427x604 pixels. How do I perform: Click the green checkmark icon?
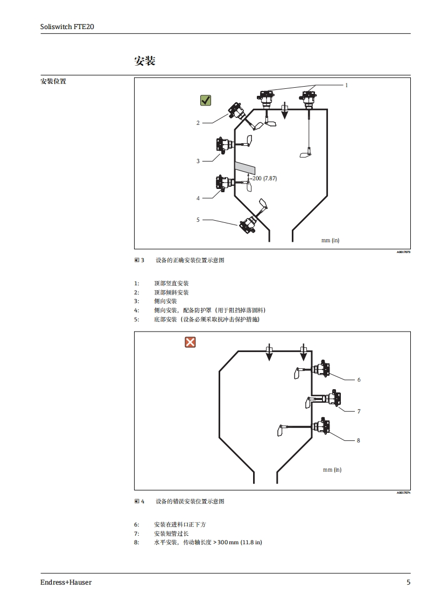pyautogui.click(x=206, y=100)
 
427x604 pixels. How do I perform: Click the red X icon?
pyautogui.click(x=190, y=342)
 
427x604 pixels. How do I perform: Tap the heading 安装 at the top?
pyautogui.click(x=144, y=61)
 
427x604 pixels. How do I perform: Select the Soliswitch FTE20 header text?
pyautogui.click(x=67, y=26)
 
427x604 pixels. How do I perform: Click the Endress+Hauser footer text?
pyautogui.click(x=66, y=582)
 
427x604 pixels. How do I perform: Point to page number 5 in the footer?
pyautogui.click(x=408, y=582)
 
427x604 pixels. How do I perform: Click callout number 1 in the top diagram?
pyautogui.click(x=346, y=85)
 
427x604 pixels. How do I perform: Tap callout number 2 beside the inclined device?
pyautogui.click(x=198, y=123)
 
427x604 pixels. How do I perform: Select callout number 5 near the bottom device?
pyautogui.click(x=198, y=220)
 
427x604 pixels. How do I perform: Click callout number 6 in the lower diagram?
pyautogui.click(x=359, y=380)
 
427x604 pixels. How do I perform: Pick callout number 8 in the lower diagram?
pyautogui.click(x=359, y=440)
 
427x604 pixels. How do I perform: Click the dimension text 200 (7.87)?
pyautogui.click(x=264, y=178)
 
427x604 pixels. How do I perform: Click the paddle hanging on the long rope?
pyautogui.click(x=306, y=153)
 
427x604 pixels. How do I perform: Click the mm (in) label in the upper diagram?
pyautogui.click(x=330, y=241)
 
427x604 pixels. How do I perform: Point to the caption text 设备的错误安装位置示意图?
pyautogui.click(x=190, y=502)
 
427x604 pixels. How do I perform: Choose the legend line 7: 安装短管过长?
pyautogui.click(x=171, y=533)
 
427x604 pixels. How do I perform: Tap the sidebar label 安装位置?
pyautogui.click(x=53, y=81)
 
